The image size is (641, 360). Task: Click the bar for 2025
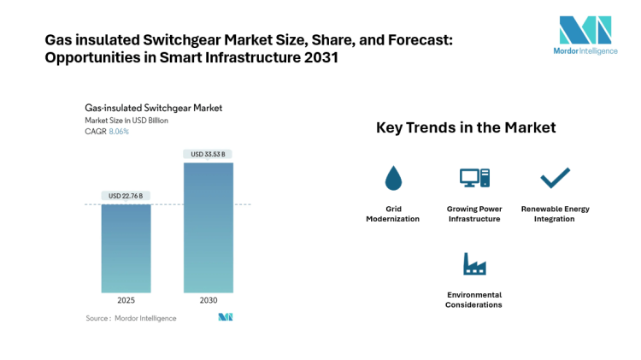pos(126,248)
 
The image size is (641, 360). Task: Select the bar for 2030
pos(208,227)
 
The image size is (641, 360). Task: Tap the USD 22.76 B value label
pos(126,196)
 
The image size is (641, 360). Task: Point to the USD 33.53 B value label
pos(208,154)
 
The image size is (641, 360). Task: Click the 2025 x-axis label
pos(126,301)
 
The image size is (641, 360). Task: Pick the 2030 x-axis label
pos(208,301)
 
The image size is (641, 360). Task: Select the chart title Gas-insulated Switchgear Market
pos(153,109)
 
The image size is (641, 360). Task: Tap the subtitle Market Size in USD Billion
pos(126,121)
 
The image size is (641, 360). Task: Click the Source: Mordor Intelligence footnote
pos(131,318)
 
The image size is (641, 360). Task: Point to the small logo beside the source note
pos(226,317)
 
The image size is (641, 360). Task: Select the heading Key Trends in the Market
pos(466,127)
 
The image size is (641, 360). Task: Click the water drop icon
pos(393,178)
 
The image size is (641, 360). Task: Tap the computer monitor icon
pos(473,178)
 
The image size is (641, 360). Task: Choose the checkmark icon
pos(555,177)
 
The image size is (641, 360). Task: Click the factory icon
pos(473,264)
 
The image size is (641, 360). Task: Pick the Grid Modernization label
pos(393,214)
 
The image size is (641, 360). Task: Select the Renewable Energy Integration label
pos(555,214)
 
